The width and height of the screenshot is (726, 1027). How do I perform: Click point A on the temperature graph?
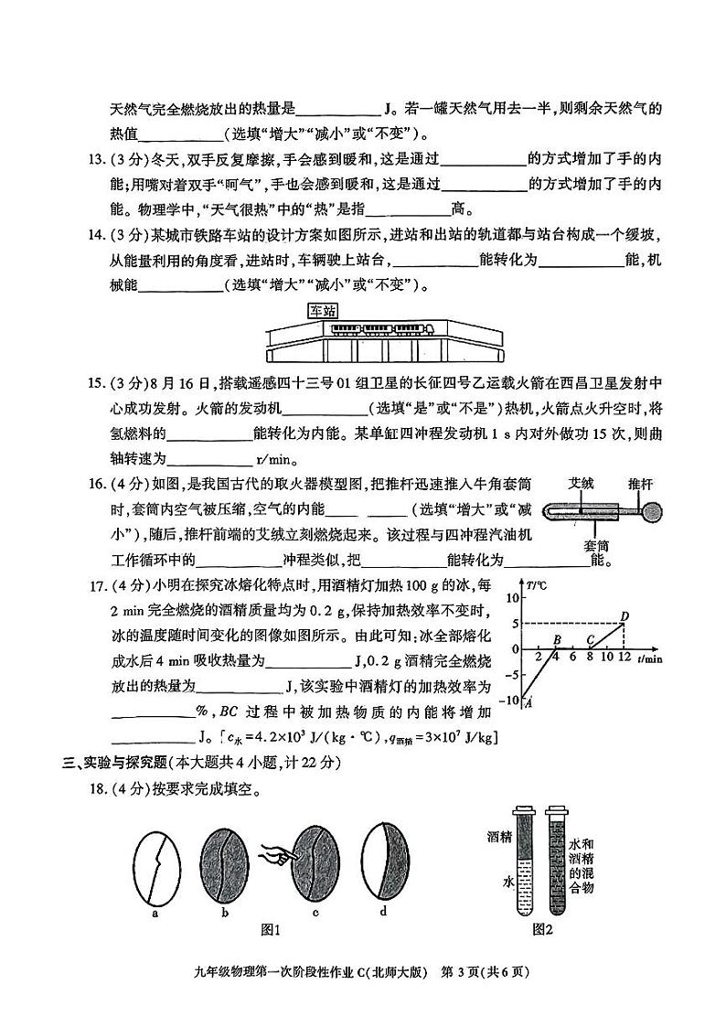pyautogui.click(x=529, y=702)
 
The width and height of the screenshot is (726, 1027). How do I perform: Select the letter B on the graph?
pyautogui.click(x=557, y=639)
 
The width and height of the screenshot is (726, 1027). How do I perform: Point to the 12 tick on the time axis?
pyautogui.click(x=624, y=658)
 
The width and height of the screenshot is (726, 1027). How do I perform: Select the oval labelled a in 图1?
pyautogui.click(x=156, y=861)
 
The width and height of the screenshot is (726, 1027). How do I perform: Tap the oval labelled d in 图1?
pyautogui.click(x=383, y=861)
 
